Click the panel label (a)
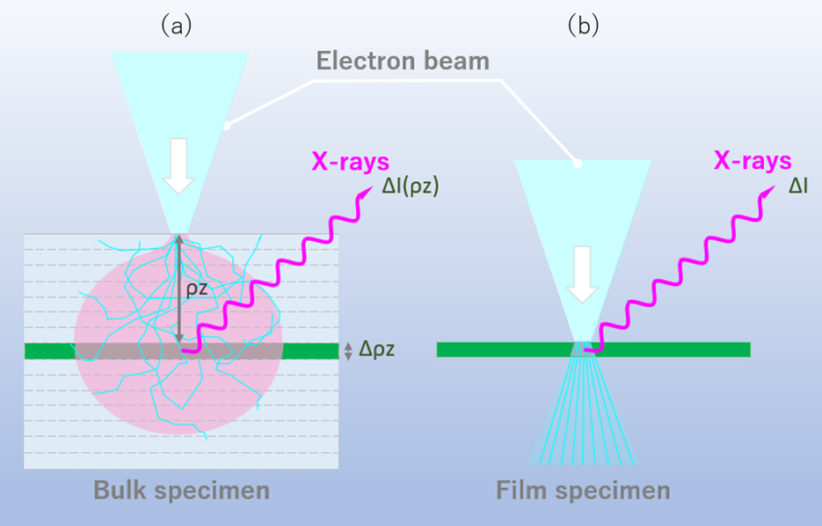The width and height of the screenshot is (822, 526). [175, 26]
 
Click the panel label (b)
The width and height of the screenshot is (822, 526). [583, 26]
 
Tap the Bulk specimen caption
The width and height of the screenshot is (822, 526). [181, 490]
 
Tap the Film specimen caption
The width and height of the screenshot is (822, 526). [583, 490]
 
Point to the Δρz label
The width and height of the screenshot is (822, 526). [378, 349]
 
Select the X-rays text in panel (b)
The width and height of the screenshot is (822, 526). [753, 162]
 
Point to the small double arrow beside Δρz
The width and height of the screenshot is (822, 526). [349, 350]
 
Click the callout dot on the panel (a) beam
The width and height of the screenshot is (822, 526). [226, 126]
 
